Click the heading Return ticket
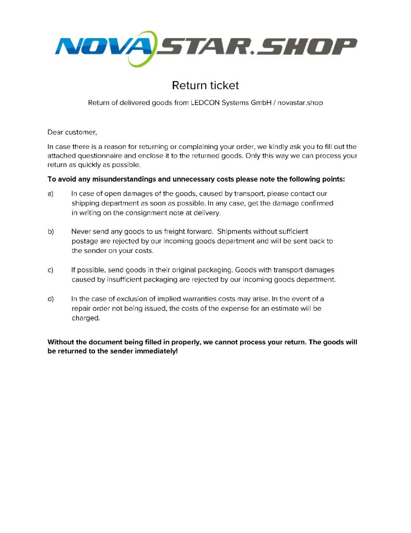pos(205,85)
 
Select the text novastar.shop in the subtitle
pos(300,103)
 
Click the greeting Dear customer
pos(72,132)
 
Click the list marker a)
pos(51,194)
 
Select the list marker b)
pos(51,231)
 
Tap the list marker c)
pos(51,270)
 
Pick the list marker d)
pos(51,299)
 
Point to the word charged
pos(85,318)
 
